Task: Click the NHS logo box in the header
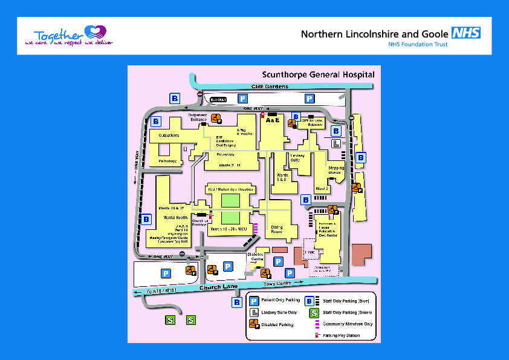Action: (x=467, y=33)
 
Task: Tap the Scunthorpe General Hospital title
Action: (x=317, y=75)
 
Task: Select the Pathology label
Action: (x=167, y=162)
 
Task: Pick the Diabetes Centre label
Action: (x=256, y=257)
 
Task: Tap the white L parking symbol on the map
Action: (x=336, y=144)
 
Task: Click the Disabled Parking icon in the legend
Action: (x=254, y=324)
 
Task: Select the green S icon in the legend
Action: (x=314, y=313)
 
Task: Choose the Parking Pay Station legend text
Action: (x=342, y=335)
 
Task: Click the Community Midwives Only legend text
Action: (x=347, y=324)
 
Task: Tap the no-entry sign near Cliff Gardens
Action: (x=200, y=94)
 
